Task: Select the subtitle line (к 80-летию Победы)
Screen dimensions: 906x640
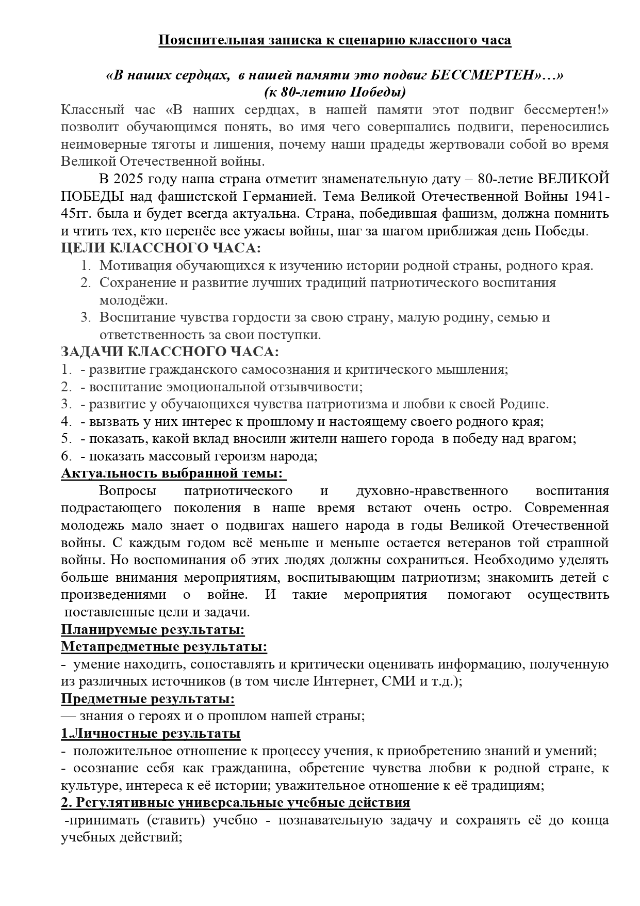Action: click(x=335, y=92)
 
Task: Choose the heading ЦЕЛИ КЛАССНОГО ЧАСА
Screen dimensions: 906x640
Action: click(x=161, y=248)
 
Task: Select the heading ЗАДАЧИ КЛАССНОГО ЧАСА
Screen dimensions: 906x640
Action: click(x=170, y=352)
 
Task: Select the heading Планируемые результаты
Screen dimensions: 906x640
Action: click(x=153, y=630)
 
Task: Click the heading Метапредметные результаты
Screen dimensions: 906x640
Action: click(x=164, y=647)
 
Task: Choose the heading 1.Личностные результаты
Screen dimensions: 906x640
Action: click(x=151, y=734)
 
